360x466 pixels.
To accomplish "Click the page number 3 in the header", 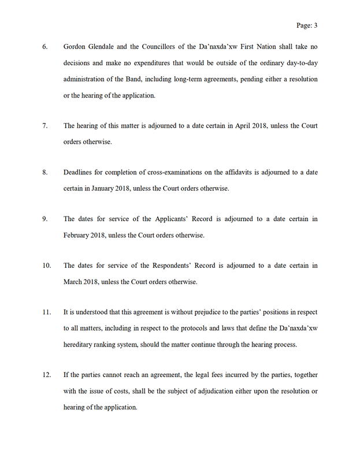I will pos(316,25).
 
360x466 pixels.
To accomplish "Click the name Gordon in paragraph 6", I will pos(76,44).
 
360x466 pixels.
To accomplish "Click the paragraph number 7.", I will pos(45,125).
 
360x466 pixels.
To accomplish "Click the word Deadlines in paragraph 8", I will pos(79,172).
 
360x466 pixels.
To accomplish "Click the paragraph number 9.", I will pos(45,219).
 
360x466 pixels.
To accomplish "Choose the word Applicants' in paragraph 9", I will pos(173,219).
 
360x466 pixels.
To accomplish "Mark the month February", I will pos(79,236).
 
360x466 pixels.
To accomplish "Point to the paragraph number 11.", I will pos(47,312).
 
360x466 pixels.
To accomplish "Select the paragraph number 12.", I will pos(47,375).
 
